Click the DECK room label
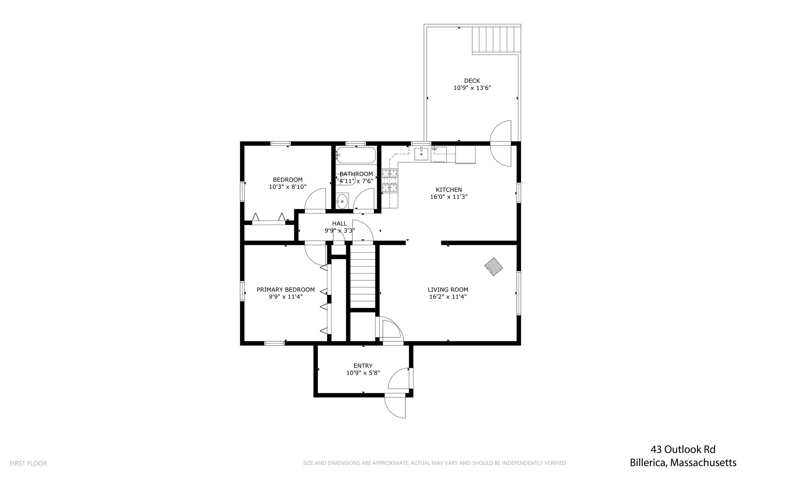click(x=472, y=81)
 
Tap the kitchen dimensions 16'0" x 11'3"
click(x=449, y=197)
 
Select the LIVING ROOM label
click(x=448, y=290)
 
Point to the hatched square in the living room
click(x=494, y=267)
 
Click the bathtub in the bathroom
click(x=356, y=155)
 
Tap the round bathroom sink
click(x=342, y=201)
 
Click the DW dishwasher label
click(x=434, y=149)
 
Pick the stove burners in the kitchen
click(x=389, y=180)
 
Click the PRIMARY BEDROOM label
click(x=285, y=290)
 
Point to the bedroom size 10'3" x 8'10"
click(x=287, y=187)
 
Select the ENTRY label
click(x=363, y=366)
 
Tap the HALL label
click(x=339, y=223)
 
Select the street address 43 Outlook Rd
click(x=683, y=449)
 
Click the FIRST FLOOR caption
click(x=28, y=464)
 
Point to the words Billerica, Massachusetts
click(x=683, y=462)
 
